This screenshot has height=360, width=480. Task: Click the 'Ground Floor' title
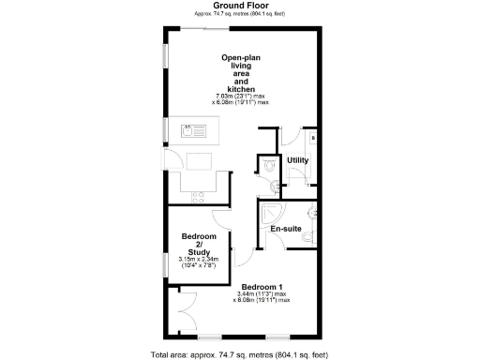coord(240,6)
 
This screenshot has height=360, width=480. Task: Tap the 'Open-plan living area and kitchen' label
coord(240,73)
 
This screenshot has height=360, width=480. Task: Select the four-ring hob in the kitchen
coord(198,195)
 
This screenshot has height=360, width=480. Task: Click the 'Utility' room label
coord(298,160)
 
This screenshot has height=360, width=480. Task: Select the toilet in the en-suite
coord(306,239)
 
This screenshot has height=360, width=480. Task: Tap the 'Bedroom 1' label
coord(262,286)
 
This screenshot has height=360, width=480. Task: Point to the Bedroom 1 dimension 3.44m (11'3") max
coord(262,293)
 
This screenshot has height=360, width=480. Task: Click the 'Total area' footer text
coord(240,354)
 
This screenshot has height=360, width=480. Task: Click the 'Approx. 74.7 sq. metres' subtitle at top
coord(240,14)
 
